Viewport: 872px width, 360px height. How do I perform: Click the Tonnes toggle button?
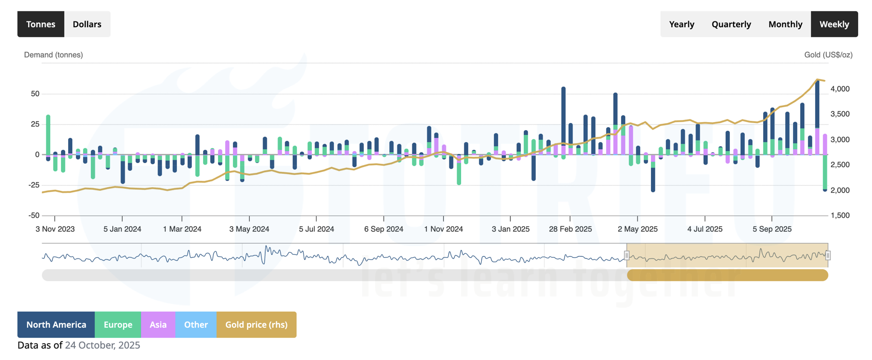click(x=41, y=24)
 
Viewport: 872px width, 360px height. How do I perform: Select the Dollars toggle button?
click(x=87, y=24)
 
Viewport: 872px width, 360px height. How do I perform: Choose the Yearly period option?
click(x=681, y=24)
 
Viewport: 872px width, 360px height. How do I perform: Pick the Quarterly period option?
click(x=731, y=24)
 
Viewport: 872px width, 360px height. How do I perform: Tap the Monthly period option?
click(x=785, y=24)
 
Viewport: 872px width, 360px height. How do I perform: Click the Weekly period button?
click(x=834, y=24)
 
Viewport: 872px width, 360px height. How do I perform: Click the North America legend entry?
click(x=56, y=325)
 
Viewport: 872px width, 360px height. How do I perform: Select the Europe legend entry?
click(x=118, y=325)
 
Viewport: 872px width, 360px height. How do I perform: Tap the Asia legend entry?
click(x=158, y=325)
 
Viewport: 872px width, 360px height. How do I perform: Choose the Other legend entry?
click(x=196, y=325)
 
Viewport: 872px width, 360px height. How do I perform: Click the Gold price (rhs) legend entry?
click(x=256, y=325)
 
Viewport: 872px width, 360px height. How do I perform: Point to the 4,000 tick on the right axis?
click(x=840, y=89)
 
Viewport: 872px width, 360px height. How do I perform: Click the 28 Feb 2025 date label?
click(x=570, y=229)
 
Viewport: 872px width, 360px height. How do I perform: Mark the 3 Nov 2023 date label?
click(x=55, y=229)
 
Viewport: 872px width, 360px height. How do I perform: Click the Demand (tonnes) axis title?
click(x=53, y=55)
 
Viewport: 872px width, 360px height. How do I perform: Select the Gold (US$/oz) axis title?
click(x=828, y=55)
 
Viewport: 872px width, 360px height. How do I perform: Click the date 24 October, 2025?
click(x=102, y=345)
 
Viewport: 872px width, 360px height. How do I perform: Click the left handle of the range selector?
click(x=627, y=255)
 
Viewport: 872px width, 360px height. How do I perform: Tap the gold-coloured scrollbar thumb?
click(x=727, y=275)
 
